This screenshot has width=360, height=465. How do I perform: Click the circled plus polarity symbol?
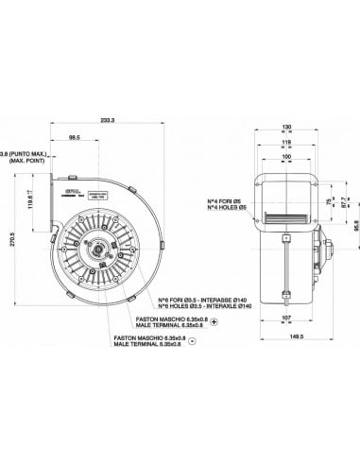coord(214,322)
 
